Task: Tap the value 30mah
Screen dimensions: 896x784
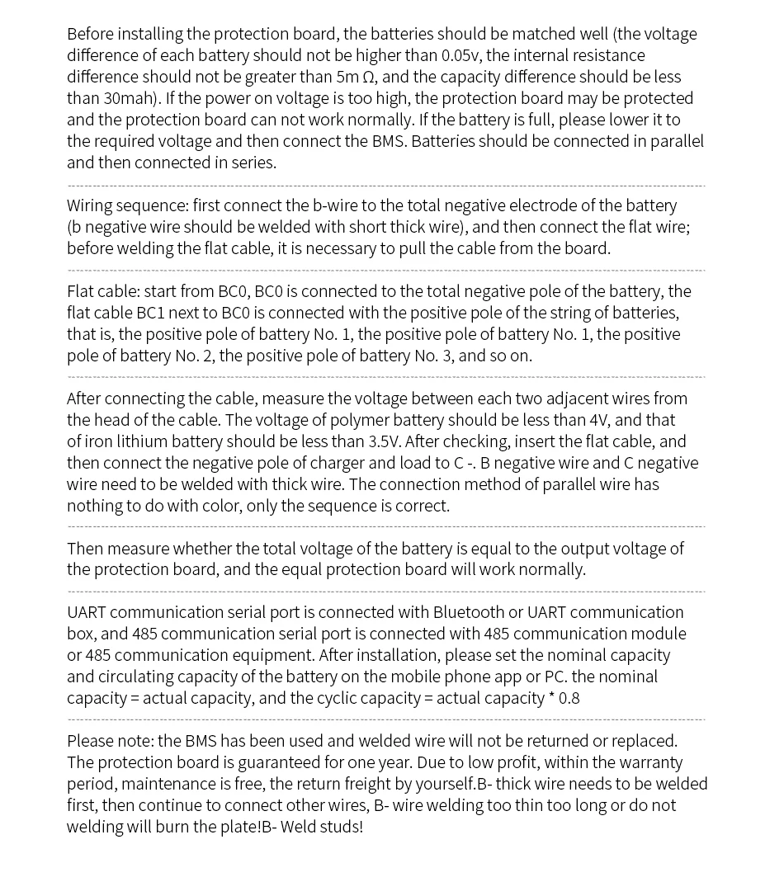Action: coord(125,99)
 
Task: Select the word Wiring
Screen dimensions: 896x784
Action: coord(89,205)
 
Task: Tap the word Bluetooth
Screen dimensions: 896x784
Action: coord(468,612)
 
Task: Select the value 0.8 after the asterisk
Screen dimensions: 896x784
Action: coord(569,698)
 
